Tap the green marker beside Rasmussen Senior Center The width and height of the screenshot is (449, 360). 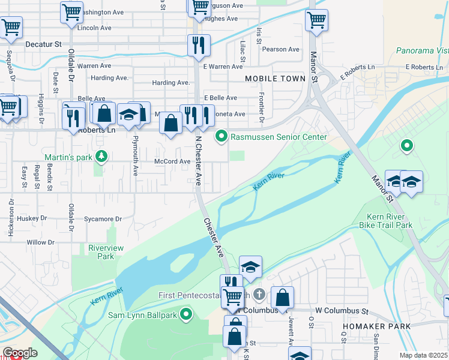click(221, 137)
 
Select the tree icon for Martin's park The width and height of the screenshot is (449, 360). click(101, 157)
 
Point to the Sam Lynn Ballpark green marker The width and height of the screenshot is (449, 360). click(186, 314)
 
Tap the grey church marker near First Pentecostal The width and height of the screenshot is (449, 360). click(259, 294)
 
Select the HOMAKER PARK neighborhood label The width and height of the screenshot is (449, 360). click(376, 326)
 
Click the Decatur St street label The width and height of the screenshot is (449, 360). click(44, 44)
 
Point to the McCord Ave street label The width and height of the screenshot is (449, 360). click(172, 161)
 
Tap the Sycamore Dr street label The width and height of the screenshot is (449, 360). click(103, 219)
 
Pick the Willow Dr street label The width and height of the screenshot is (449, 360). click(41, 242)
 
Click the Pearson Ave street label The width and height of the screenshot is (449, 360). click(280, 49)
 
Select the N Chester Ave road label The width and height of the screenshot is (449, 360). click(197, 161)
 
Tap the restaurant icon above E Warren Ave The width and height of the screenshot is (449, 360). click(197, 45)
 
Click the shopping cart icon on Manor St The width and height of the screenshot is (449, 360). click(316, 20)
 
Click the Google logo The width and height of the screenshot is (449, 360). click(20, 353)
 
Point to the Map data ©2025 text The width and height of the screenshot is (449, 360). click(423, 355)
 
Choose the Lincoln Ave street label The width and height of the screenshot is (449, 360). click(94, 28)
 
